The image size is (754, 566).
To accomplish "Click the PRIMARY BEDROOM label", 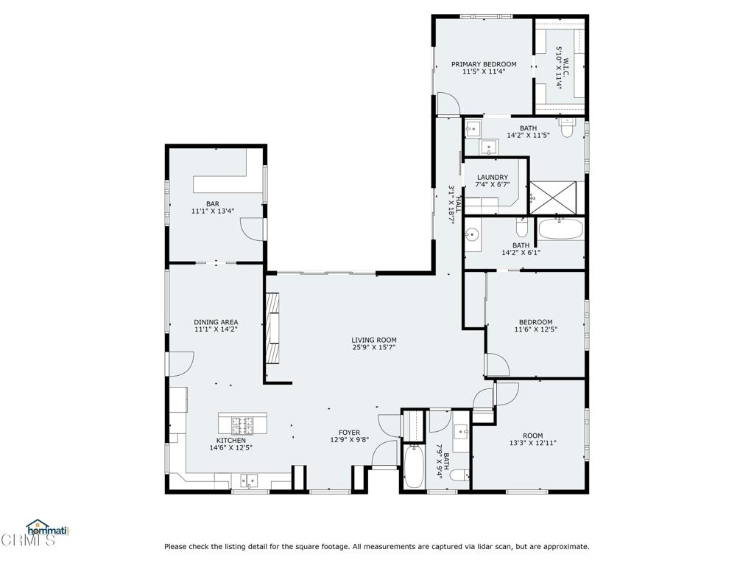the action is (484, 64).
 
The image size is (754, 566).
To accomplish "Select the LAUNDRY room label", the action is (493, 177).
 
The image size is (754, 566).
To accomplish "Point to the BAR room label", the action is (213, 203).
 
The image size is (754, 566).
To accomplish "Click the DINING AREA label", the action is (216, 322).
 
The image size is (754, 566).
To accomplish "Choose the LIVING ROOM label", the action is (373, 340).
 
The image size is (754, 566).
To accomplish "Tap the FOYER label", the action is (349, 432).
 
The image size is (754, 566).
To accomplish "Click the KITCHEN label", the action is (230, 441).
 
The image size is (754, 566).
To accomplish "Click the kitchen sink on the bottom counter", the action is (250, 481).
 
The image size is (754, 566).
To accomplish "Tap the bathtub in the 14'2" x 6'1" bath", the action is (560, 229).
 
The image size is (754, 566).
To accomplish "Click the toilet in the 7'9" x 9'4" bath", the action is (459, 475).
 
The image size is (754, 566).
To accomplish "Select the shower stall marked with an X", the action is (552, 198).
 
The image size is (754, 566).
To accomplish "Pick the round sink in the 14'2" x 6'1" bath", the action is (472, 235).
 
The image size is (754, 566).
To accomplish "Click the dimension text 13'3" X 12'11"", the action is (533, 443).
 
